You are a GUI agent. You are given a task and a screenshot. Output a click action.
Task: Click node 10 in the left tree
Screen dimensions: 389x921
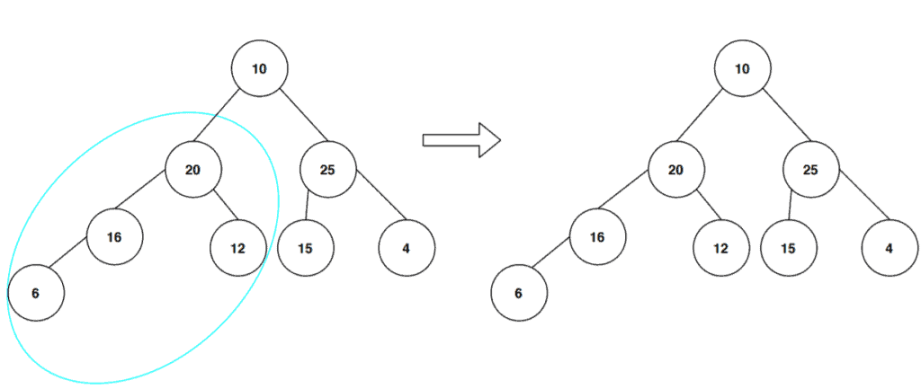[259, 68]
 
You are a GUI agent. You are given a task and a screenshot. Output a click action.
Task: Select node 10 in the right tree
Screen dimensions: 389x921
[742, 68]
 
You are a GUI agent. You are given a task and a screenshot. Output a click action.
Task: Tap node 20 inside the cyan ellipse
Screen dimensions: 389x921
[192, 169]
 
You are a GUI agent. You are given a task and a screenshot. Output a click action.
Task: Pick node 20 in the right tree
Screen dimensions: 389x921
[675, 169]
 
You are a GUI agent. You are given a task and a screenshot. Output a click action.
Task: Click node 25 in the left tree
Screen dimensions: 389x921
[327, 169]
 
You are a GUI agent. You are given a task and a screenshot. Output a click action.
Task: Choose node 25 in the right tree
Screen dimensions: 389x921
[810, 169]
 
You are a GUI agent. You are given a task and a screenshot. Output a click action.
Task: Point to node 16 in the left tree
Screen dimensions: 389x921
[113, 237]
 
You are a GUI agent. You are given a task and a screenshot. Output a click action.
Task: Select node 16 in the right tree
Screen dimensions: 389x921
[597, 237]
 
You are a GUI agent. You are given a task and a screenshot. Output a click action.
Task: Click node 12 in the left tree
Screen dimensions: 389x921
[237, 247]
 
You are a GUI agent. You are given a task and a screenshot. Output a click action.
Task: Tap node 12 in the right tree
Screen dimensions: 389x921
[720, 247]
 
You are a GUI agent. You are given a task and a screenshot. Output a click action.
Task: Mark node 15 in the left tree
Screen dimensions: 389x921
[305, 247]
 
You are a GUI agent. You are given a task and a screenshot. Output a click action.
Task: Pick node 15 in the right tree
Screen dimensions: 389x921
[788, 247]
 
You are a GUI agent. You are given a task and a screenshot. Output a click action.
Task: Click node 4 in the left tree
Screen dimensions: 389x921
[406, 247]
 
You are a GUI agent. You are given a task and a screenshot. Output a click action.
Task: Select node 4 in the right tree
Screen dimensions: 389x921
[889, 247]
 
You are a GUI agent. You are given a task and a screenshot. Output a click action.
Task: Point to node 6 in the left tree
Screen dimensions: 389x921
[35, 293]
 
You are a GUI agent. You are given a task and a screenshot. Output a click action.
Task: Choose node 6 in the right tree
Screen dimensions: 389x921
[519, 293]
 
